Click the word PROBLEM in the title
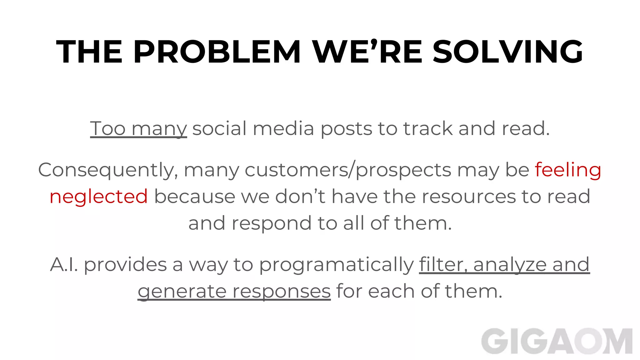pyautogui.click(x=217, y=52)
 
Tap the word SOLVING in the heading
pyautogui.click(x=507, y=52)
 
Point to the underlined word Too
pyautogui.click(x=108, y=128)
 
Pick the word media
pyautogui.click(x=283, y=128)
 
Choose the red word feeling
pyautogui.click(x=568, y=170)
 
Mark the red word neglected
pyautogui.click(x=99, y=197)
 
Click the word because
pyautogui.click(x=195, y=197)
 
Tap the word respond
pyautogui.click(x=271, y=223)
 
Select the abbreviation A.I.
pyautogui.click(x=64, y=265)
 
